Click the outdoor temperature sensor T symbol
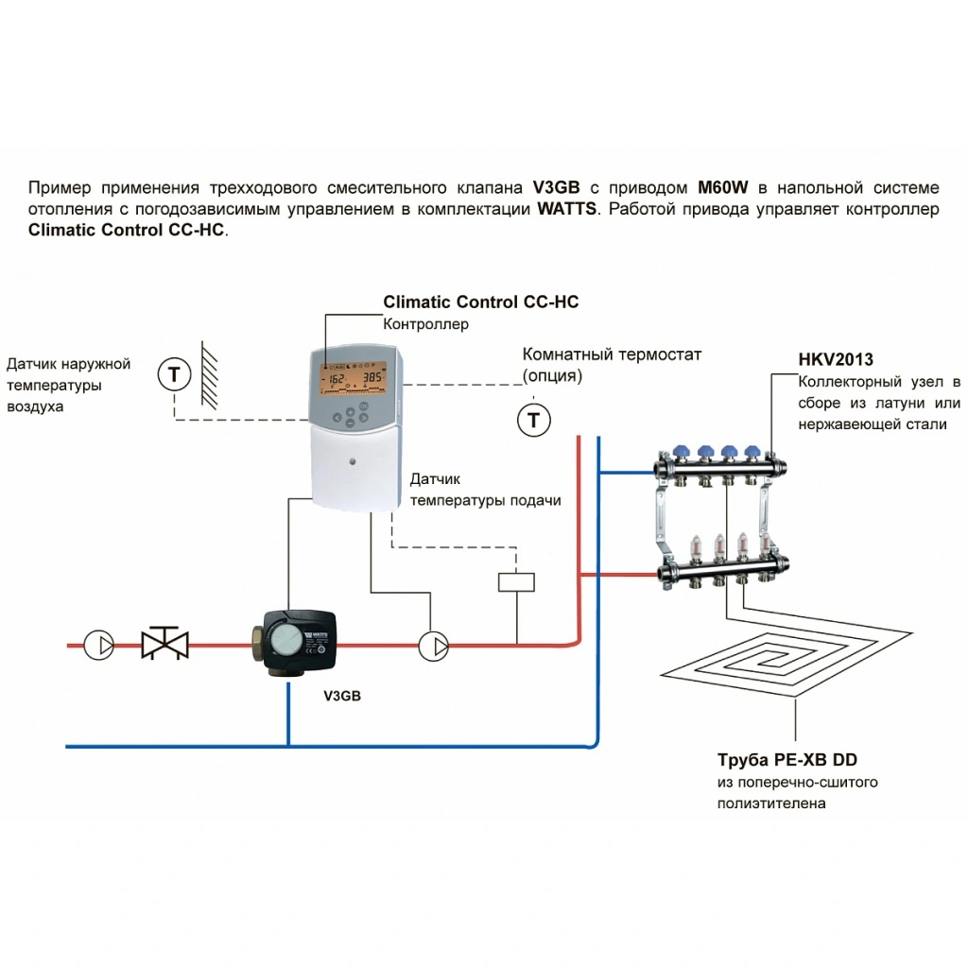[x=173, y=374]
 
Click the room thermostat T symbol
[x=533, y=418]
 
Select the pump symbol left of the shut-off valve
[x=99, y=645]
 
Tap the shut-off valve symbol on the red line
[x=164, y=645]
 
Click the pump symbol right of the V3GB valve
[x=434, y=645]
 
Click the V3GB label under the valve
[x=342, y=696]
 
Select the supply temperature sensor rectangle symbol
[x=516, y=581]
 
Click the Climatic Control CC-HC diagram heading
[x=480, y=302]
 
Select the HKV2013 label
[x=836, y=360]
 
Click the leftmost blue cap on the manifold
[x=681, y=452]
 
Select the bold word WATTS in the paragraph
[x=566, y=209]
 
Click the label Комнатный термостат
[x=612, y=354]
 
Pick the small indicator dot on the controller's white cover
[x=353, y=464]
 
